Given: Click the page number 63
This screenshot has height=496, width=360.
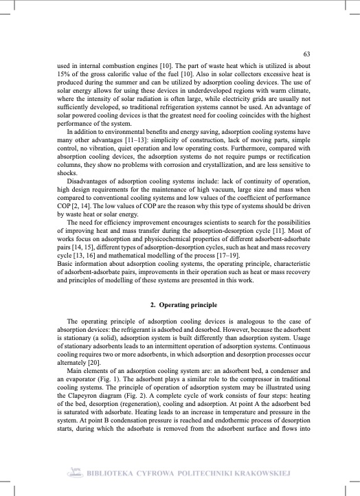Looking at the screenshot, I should pyautogui.click(x=307, y=54).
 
